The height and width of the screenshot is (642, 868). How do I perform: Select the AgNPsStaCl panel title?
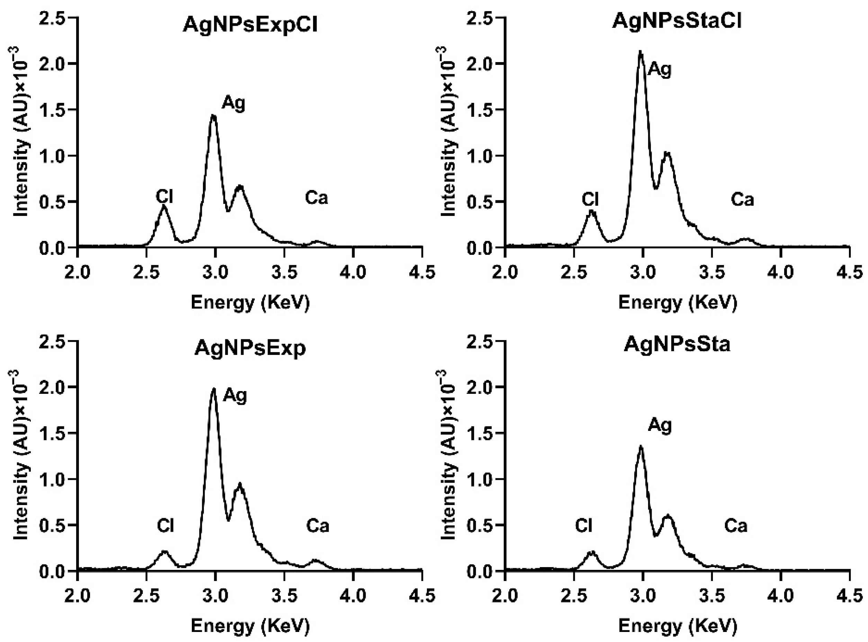click(677, 21)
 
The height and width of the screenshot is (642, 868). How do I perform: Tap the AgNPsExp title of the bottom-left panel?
click(250, 348)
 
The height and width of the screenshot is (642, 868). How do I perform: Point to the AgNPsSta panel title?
click(677, 344)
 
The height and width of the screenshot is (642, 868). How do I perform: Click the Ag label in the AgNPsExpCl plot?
click(234, 104)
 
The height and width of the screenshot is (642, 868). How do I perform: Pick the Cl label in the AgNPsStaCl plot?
click(590, 199)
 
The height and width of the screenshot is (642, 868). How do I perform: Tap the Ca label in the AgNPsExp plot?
click(317, 526)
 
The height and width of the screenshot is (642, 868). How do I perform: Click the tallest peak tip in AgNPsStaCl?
click(640, 52)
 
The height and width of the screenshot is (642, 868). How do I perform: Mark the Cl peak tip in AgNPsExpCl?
click(164, 207)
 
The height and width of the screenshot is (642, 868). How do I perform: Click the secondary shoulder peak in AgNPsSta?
click(668, 515)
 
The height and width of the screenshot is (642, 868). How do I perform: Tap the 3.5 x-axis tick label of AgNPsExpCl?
click(284, 272)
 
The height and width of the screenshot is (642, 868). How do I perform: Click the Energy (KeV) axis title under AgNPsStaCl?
click(677, 302)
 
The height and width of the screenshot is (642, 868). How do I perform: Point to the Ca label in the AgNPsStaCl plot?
click(742, 200)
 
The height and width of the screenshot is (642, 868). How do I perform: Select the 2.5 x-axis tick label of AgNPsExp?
click(146, 595)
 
